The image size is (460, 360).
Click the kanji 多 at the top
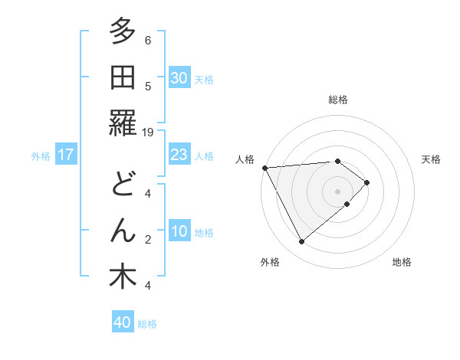(122, 31)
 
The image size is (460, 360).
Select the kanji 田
(122, 77)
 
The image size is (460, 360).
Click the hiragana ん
(122, 231)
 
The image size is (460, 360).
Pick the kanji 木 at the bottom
(122, 277)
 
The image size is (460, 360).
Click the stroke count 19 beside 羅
(148, 132)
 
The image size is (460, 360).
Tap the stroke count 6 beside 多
(148, 40)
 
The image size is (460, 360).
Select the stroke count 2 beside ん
(148, 240)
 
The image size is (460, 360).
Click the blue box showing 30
(179, 77)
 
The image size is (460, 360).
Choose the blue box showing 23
(179, 155)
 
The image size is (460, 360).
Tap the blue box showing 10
(179, 232)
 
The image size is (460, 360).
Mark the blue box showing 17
(66, 155)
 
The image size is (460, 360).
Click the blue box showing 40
(122, 322)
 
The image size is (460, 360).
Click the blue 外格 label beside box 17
(41, 155)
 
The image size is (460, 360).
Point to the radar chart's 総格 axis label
(337, 100)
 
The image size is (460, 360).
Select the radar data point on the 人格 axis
(264, 168)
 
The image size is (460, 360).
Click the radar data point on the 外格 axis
(301, 242)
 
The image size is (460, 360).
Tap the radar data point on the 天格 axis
(367, 182)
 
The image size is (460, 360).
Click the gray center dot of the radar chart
(337, 191)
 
